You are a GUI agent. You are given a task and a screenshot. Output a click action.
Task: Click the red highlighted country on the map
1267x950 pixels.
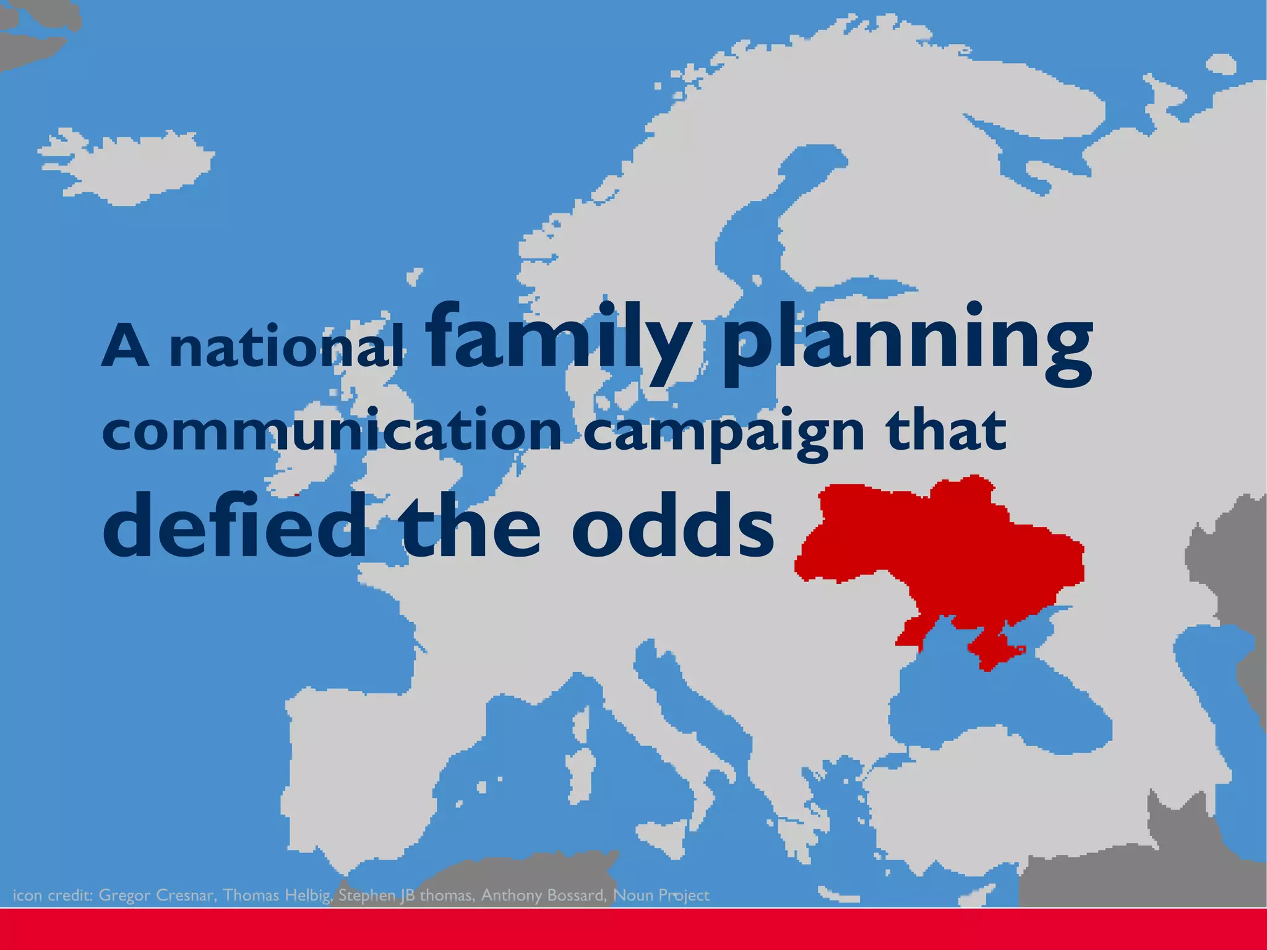pos(947,544)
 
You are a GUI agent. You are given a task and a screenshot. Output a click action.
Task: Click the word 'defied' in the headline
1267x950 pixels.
pos(235,526)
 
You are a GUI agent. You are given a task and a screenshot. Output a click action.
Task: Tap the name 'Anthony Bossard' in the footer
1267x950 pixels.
pos(543,895)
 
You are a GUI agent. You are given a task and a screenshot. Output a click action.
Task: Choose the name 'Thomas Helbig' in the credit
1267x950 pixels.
pos(277,895)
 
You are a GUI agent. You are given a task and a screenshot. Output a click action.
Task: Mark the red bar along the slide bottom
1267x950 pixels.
pos(633,929)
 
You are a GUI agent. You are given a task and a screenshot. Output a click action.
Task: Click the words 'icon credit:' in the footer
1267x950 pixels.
pos(52,895)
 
